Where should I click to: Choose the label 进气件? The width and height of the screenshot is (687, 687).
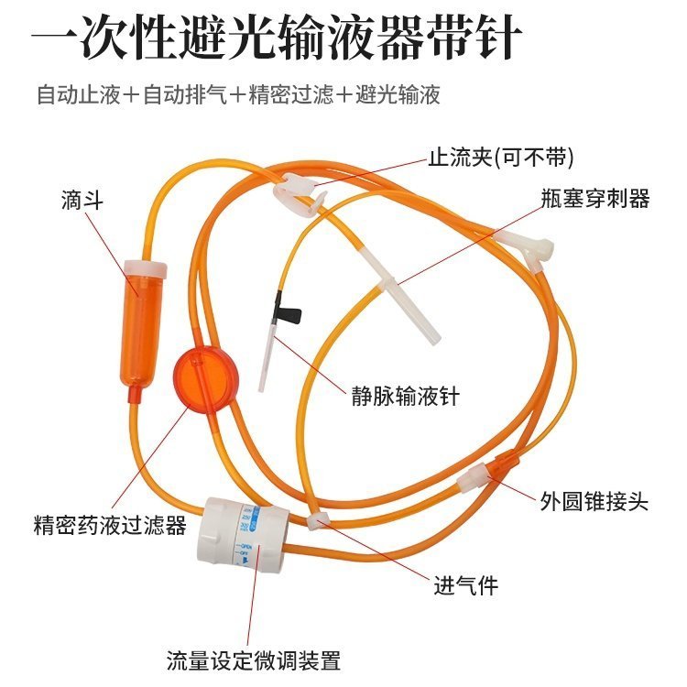465,584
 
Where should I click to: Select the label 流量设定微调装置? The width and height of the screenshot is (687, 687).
254,660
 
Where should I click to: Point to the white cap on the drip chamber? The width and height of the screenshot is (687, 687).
146,270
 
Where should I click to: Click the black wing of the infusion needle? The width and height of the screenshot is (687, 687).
291,317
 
